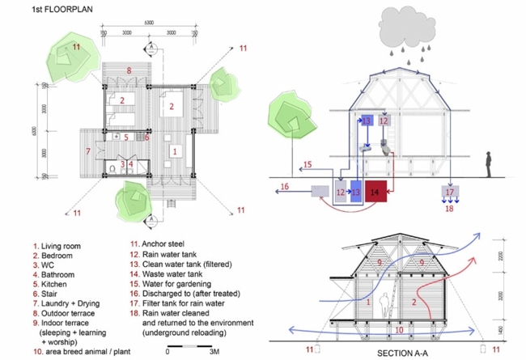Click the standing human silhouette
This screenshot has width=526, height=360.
pyautogui.click(x=489, y=164)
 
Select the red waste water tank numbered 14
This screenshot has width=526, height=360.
pyautogui.click(x=374, y=193)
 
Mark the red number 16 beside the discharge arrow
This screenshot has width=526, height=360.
pyautogui.click(x=284, y=188)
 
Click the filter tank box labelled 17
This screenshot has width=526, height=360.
pyautogui.click(x=450, y=193)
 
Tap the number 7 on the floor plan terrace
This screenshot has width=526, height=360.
pyautogui.click(x=87, y=151)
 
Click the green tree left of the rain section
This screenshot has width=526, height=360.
pyautogui.click(x=295, y=121)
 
